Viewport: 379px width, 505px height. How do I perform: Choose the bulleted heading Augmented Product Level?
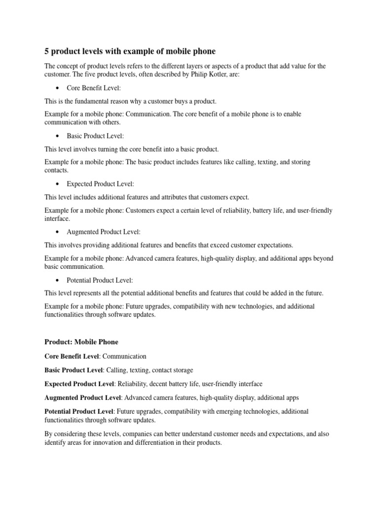(104, 232)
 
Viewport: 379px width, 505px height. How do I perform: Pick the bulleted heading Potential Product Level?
(100, 280)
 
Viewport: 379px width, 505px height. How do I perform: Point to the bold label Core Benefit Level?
(72, 356)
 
